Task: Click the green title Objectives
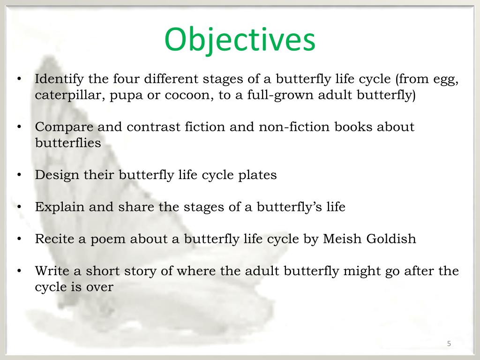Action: [240, 40]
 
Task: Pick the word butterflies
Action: [68, 143]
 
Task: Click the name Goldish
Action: [392, 239]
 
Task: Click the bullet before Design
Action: [19, 175]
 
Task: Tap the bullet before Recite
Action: [19, 239]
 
